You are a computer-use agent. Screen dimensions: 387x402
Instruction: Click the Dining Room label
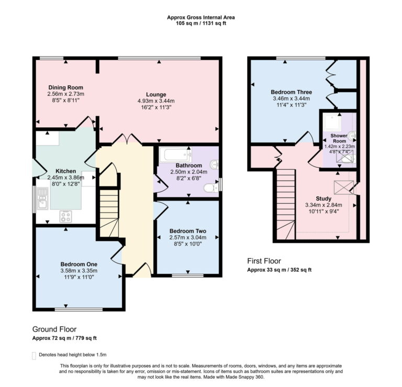pos(66,87)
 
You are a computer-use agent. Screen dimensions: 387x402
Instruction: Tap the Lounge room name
pos(156,94)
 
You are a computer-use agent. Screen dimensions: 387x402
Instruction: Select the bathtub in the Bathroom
pos(175,155)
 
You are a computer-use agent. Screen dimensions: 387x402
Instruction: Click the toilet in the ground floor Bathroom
pos(211,187)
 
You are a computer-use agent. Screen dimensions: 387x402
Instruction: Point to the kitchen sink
pos(42,198)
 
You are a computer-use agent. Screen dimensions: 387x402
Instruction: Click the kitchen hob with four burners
pos(66,215)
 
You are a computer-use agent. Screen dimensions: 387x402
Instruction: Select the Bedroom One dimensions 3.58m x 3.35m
pos(79,271)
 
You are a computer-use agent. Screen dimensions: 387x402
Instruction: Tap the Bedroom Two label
pos(187,231)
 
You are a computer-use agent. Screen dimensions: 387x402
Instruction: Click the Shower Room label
pos(339,138)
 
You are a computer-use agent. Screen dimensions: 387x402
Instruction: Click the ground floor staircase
pos(109,212)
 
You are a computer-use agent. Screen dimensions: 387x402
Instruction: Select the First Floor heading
pos(264,261)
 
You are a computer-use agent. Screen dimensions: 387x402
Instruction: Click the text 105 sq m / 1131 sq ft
pos(200,24)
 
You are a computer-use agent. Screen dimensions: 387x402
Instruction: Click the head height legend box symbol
pos(35,356)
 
